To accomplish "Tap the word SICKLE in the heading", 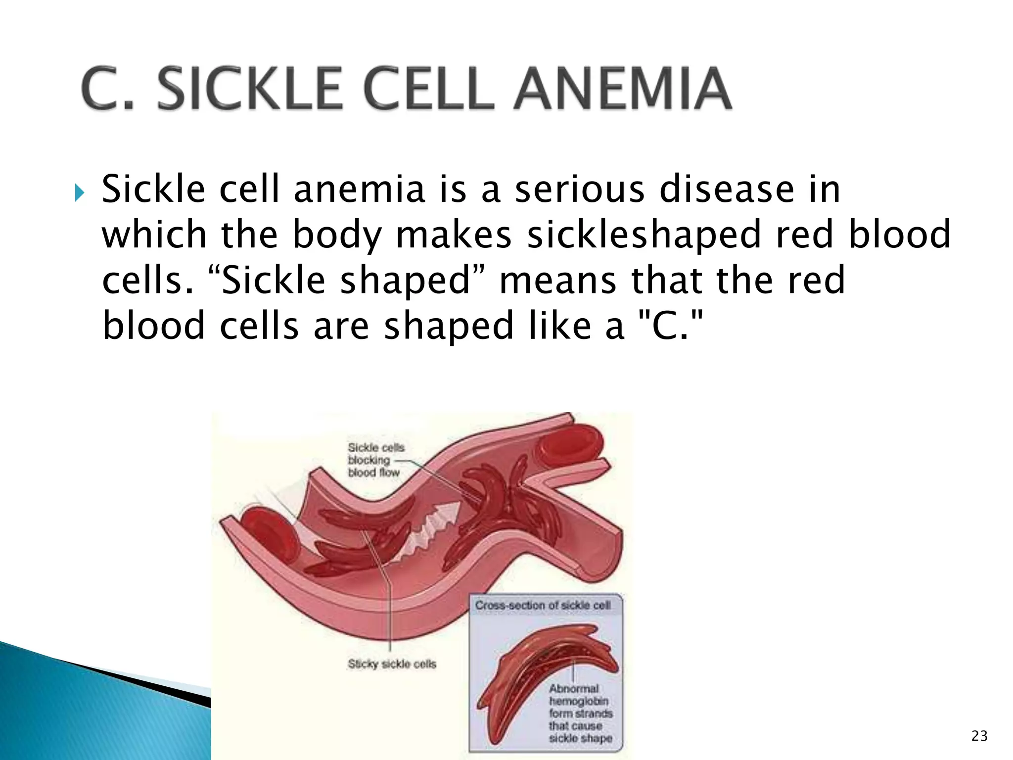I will tap(250, 89).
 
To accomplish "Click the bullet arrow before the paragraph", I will tap(79, 192).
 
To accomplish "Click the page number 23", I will tap(979, 736).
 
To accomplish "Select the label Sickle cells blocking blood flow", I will tap(375, 460).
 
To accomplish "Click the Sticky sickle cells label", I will tap(392, 664).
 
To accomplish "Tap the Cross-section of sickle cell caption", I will tap(543, 605).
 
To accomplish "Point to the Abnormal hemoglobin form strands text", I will tap(580, 713).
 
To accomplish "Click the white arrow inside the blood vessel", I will tap(430, 534).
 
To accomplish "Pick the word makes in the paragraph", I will tap(454, 235).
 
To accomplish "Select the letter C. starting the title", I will tap(106, 89).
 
